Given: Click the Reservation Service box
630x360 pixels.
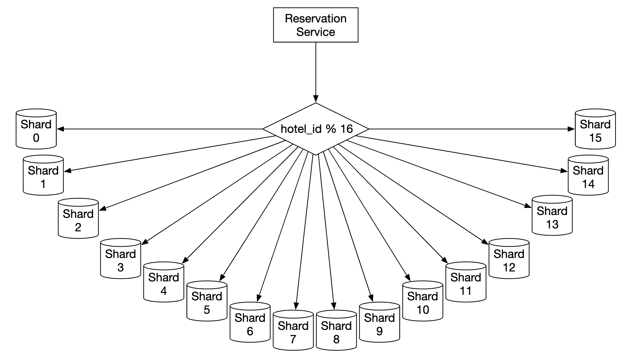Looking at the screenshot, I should pyautogui.click(x=315, y=25).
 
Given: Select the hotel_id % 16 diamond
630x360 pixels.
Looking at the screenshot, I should pyautogui.click(x=316, y=129).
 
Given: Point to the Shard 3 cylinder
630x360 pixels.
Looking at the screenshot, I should pyautogui.click(x=121, y=259).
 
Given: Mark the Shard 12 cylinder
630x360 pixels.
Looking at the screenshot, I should pyautogui.click(x=509, y=259).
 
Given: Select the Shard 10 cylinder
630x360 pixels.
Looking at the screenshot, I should pyautogui.click(x=422, y=302).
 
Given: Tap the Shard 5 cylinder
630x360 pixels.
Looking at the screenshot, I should pyautogui.click(x=207, y=302).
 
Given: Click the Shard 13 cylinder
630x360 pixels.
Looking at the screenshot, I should pyautogui.click(x=552, y=216).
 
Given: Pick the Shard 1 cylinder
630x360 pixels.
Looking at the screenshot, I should pyautogui.click(x=43, y=176).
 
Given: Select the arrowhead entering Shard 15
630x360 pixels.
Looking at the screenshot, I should pyautogui.click(x=571, y=129).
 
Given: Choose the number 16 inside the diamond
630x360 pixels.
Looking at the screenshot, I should pyautogui.click(x=346, y=129).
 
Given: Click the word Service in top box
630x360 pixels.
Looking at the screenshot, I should pyautogui.click(x=315, y=32).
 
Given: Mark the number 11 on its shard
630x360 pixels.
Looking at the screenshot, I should pyautogui.click(x=465, y=291).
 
